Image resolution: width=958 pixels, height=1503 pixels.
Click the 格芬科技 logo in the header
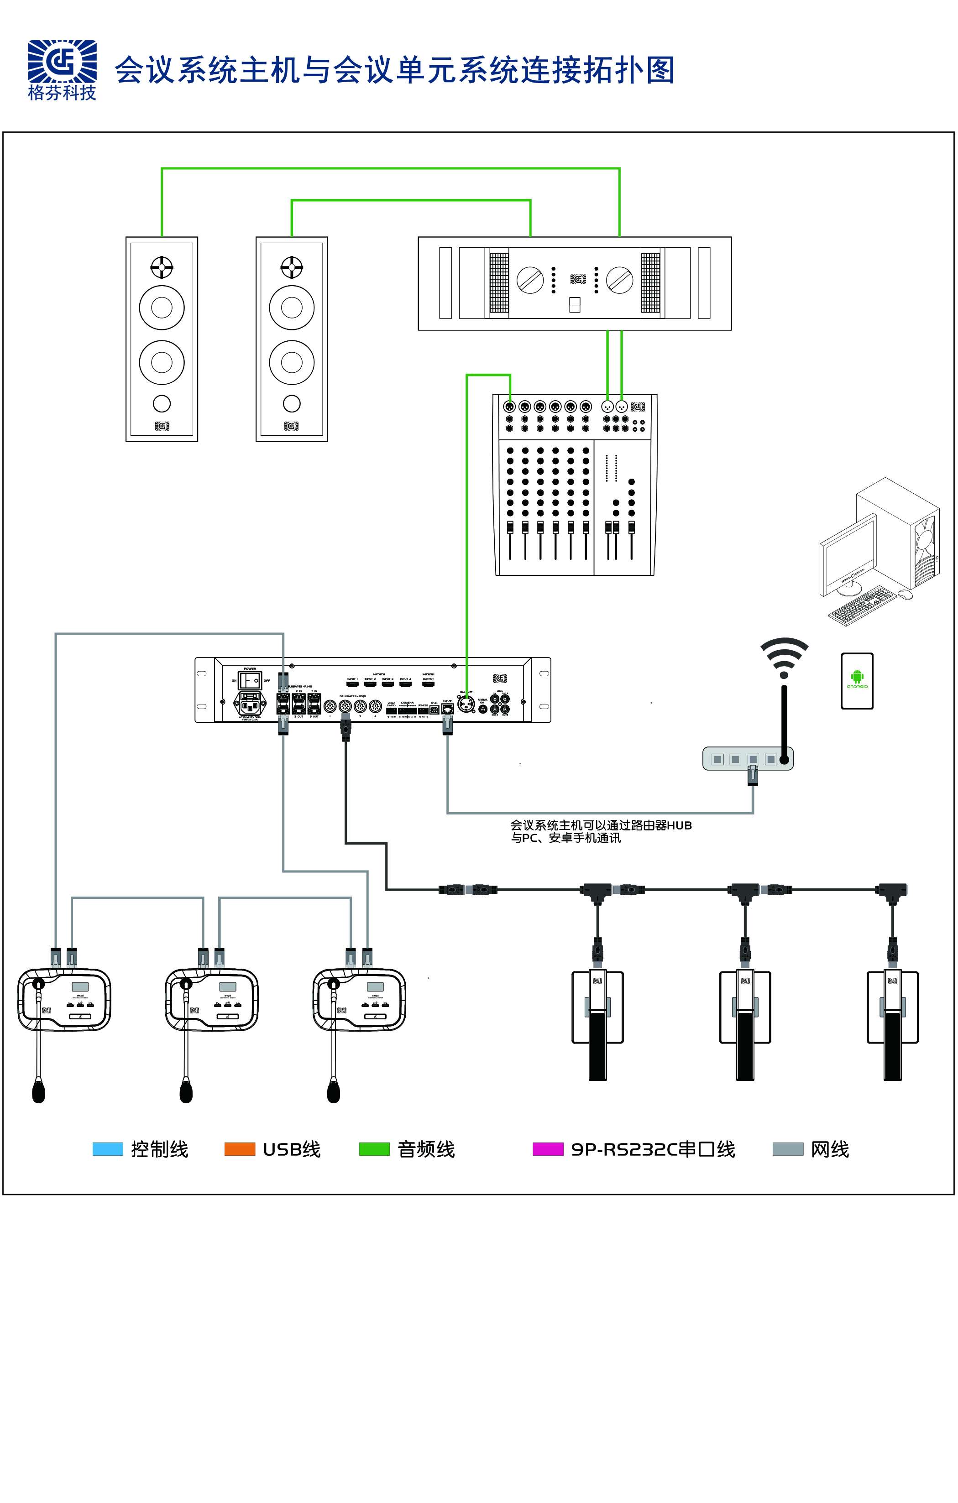(x=62, y=68)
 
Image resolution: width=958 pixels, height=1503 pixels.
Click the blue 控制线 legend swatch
(x=107, y=1149)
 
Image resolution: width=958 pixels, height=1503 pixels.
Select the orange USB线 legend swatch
(x=240, y=1149)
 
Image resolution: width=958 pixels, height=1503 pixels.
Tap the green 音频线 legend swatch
(x=374, y=1149)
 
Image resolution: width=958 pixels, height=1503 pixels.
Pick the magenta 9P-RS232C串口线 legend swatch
(x=548, y=1149)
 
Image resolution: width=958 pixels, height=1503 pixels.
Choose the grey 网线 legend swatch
(x=787, y=1149)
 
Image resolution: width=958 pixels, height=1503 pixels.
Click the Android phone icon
(x=857, y=681)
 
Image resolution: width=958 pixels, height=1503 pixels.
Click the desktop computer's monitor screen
(x=848, y=553)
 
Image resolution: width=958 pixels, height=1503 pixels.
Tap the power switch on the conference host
(x=250, y=680)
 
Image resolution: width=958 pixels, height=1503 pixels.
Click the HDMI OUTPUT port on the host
(x=429, y=684)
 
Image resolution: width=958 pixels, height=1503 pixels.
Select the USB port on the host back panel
(x=434, y=710)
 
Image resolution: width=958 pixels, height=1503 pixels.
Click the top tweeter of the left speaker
(x=162, y=267)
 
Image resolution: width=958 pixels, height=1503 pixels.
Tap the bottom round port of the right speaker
(x=292, y=404)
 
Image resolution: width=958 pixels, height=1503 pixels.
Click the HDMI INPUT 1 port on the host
(x=352, y=684)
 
